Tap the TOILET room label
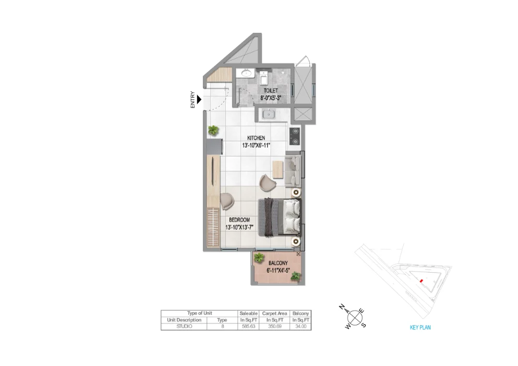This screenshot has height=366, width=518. coord(271,91)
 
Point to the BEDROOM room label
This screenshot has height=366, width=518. coord(239,220)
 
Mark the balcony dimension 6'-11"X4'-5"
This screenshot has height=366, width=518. coord(278,271)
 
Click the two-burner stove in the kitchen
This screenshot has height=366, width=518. coord(295,136)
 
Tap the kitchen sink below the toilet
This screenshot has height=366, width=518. coord(269,114)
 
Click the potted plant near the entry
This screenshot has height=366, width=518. coord(213,130)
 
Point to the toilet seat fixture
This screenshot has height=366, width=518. coord(264,78)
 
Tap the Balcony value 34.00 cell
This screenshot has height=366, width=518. coord(301,326)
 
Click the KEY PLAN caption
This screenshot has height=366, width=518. coord(420,328)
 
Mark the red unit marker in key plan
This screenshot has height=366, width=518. coord(420,280)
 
